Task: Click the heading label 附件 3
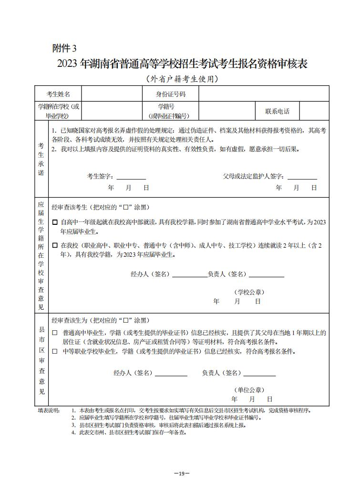click(64, 48)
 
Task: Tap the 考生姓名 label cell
click(58, 94)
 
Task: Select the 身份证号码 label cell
click(171, 94)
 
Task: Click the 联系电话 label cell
click(277, 111)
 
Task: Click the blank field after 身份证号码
click(264, 94)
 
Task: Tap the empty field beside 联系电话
click(314, 111)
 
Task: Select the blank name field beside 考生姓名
click(112, 94)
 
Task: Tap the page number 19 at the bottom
click(182, 473)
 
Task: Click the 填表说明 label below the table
click(49, 410)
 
